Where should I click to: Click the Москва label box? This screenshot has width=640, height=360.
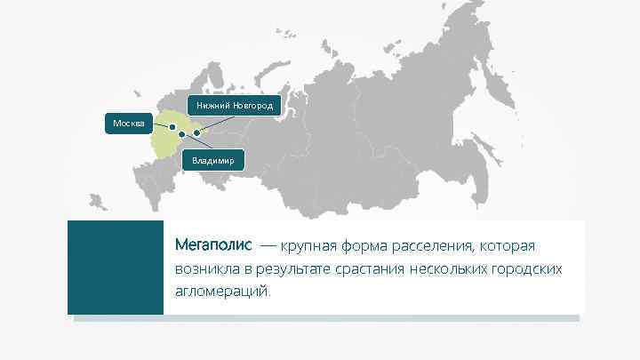pos(130,122)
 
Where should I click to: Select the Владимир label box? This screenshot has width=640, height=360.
pos(212,161)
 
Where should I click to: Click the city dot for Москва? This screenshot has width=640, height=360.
pos(172,127)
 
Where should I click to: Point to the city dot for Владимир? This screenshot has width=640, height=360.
pos(181,134)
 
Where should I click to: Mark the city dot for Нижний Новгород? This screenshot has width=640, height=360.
pos(196,133)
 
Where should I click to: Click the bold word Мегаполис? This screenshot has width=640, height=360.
pos(213,244)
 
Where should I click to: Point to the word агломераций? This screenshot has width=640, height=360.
pos(222,292)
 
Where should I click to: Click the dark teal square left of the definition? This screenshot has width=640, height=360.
pos(116,267)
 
